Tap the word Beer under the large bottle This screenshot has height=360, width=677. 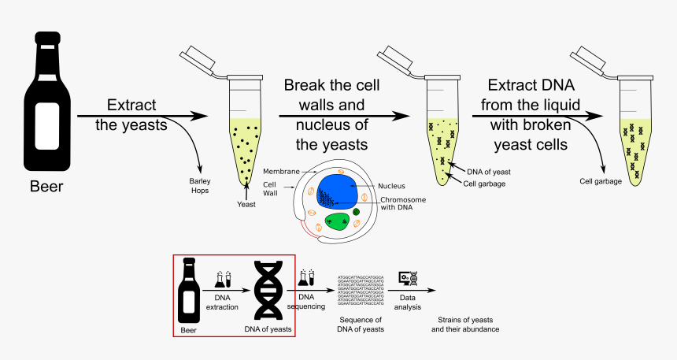(x=46, y=187)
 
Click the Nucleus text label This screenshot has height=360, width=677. (x=391, y=186)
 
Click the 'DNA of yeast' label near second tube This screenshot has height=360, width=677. (x=490, y=171)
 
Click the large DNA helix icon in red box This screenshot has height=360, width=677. (x=269, y=291)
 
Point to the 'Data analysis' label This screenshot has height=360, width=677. (x=407, y=301)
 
